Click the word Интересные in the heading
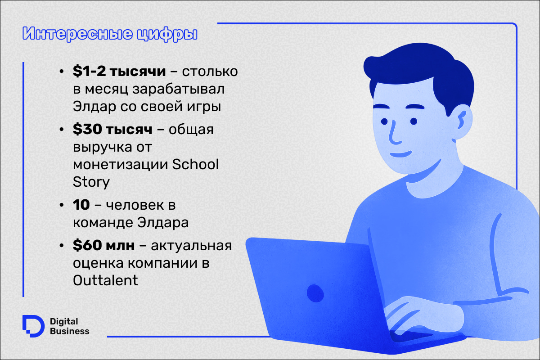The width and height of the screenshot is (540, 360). (x=77, y=34)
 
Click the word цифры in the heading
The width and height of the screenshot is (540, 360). (x=167, y=34)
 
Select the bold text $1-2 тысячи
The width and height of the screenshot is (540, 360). (x=119, y=72)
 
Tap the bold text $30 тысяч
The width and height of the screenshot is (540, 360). (x=112, y=129)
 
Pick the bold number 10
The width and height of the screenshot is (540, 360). (x=81, y=205)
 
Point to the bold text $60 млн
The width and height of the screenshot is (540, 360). (x=103, y=245)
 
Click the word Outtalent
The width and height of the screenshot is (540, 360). (x=105, y=280)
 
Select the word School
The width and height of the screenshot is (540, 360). (x=195, y=164)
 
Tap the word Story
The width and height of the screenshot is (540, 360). (x=91, y=182)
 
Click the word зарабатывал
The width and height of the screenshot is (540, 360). (x=178, y=89)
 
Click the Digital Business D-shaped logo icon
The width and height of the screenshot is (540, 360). (x=33, y=326)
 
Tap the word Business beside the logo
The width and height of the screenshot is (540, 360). (x=69, y=331)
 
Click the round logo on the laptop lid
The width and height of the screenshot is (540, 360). (x=315, y=293)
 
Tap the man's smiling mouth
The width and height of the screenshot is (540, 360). (x=400, y=154)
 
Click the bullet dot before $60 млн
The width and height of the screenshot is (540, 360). (x=62, y=245)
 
